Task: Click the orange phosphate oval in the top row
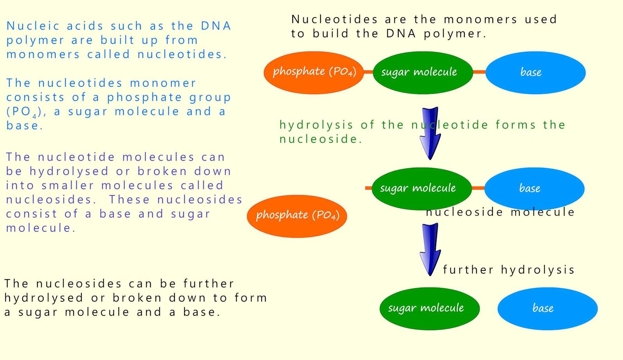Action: click(x=313, y=72)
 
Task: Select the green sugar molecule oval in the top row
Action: click(x=422, y=72)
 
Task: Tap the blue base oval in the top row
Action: click(x=535, y=72)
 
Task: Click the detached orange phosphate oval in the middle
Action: click(x=297, y=216)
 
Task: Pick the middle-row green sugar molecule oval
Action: click(x=421, y=188)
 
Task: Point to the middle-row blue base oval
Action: click(x=534, y=188)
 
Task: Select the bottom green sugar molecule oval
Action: click(x=429, y=308)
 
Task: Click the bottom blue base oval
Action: click(x=547, y=308)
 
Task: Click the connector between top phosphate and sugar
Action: click(x=368, y=72)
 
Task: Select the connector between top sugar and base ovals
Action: click(x=479, y=72)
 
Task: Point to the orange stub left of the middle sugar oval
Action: click(x=368, y=188)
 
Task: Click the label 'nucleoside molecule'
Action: click(x=500, y=212)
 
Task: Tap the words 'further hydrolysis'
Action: click(x=509, y=269)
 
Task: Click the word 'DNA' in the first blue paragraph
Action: click(x=216, y=26)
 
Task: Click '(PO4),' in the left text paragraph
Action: click(x=26, y=112)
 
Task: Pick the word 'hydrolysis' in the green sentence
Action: click(x=316, y=125)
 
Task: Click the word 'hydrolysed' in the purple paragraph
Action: click(x=69, y=171)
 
